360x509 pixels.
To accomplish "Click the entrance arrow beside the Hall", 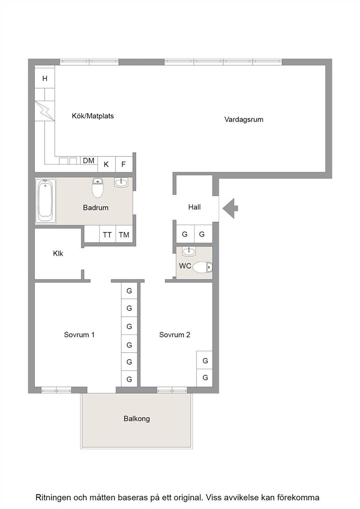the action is click(x=230, y=208).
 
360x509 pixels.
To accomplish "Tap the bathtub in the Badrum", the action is click(x=46, y=201).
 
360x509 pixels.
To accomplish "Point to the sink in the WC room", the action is click(x=189, y=251).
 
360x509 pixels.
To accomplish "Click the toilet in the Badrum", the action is click(x=97, y=188).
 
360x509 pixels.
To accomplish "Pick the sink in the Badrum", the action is click(x=121, y=182).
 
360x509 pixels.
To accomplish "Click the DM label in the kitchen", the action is click(x=89, y=161).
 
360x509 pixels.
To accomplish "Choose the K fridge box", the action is click(x=106, y=164).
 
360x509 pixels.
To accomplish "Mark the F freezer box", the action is click(x=124, y=164).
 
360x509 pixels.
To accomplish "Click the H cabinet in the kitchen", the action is click(x=45, y=78).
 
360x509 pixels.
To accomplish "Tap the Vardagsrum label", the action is click(x=244, y=119).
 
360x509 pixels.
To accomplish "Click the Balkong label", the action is click(x=137, y=419).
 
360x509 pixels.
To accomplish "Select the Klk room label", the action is click(x=58, y=254).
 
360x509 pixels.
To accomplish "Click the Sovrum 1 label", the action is click(x=79, y=334).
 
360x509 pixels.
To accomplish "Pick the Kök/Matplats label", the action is click(x=93, y=116).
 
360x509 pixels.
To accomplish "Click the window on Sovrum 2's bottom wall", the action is click(x=172, y=390).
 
